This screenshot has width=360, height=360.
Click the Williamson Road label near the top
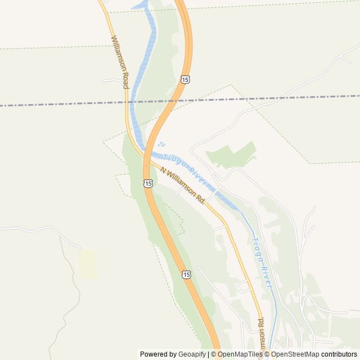tap(120, 62)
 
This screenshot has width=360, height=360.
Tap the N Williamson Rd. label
tap(182, 185)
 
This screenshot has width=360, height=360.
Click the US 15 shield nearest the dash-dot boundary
tap(185, 79)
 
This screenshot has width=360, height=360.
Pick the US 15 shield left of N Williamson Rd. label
tap(147, 183)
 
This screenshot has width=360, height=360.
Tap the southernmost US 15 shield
tap(186, 274)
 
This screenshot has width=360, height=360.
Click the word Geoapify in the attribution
tap(192, 354)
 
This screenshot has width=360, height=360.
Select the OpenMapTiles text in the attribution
tap(240, 354)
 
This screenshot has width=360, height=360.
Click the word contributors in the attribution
tap(339, 354)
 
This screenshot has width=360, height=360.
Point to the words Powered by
tap(158, 354)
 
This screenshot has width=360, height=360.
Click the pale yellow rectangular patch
tap(87, 264)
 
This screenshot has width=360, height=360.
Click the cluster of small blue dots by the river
tap(162, 145)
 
